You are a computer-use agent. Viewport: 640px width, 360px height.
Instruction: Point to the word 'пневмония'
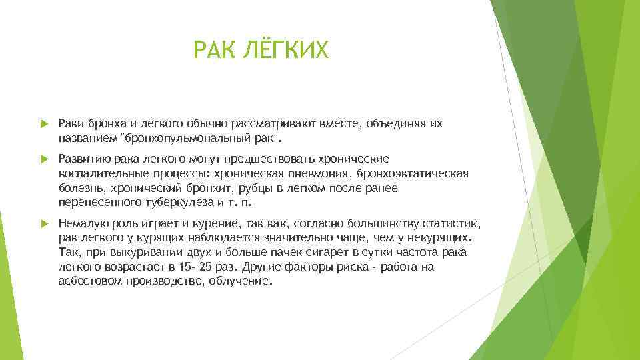320,174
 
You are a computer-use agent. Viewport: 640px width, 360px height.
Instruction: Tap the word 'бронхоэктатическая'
413,174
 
